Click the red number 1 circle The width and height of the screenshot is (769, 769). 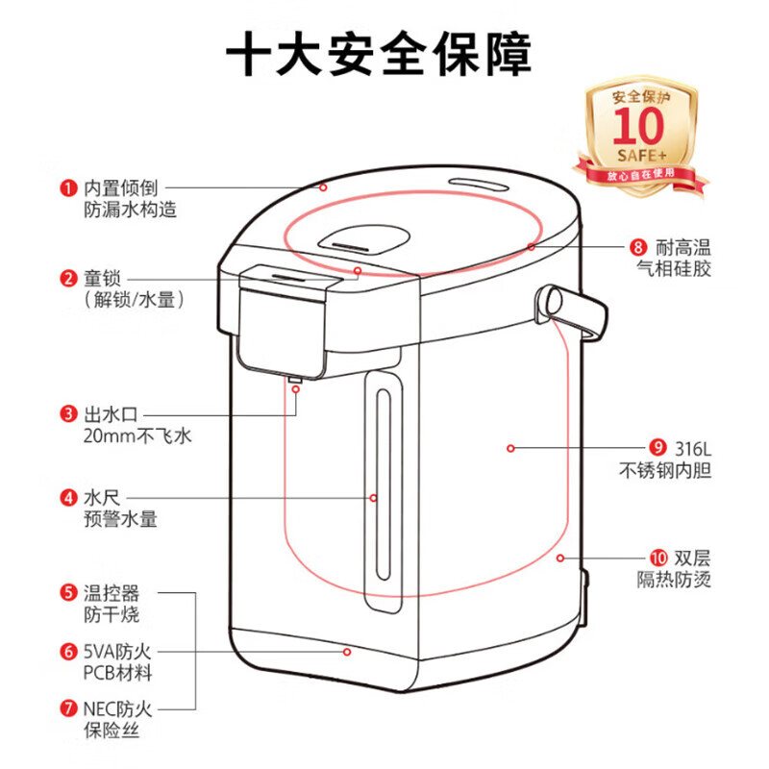click(x=68, y=186)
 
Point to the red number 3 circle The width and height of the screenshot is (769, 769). click(x=68, y=414)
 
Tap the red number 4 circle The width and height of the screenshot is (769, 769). click(x=68, y=498)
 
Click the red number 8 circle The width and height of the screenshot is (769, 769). click(x=637, y=247)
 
